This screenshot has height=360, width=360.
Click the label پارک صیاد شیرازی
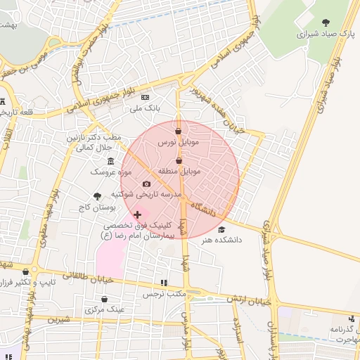pos(324,33)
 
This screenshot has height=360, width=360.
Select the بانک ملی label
pos(145,109)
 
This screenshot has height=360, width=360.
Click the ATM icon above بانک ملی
pos(146,98)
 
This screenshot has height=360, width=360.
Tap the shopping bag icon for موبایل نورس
pos(179,131)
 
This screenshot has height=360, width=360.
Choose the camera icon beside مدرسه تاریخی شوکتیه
pos(146,184)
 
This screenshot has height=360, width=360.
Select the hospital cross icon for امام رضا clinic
pos(137,214)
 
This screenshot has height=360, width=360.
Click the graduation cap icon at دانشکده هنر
pos(222,229)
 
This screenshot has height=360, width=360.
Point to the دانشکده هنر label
pos(221,240)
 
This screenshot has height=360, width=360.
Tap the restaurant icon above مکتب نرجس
pos(164,283)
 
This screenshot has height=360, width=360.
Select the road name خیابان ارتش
pos(249,300)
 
